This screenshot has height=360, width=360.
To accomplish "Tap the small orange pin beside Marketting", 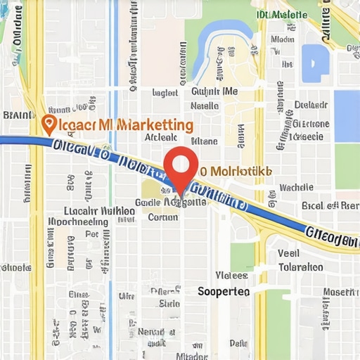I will pyautogui.click(x=49, y=124).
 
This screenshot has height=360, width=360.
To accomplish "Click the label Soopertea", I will pyautogui.click(x=224, y=291).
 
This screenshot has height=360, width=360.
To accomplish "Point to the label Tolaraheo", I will pyautogui.click(x=300, y=267).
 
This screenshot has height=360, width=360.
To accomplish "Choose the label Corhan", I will pyautogui.click(x=163, y=217).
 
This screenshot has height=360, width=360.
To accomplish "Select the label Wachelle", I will pyautogui.click(x=296, y=187).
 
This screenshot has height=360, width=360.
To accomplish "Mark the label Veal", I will pyautogui.click(x=288, y=253).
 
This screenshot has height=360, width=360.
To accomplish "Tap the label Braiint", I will pyautogui.click(x=18, y=115).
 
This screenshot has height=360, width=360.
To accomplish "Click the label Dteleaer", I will pyautogui.click(x=311, y=105).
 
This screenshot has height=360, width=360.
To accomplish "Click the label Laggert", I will pyautogui.click(x=165, y=92).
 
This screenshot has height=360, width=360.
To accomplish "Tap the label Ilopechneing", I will pyautogui.click(x=77, y=222).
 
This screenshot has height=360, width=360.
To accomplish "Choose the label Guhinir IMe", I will pyautogui.click(x=214, y=91).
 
